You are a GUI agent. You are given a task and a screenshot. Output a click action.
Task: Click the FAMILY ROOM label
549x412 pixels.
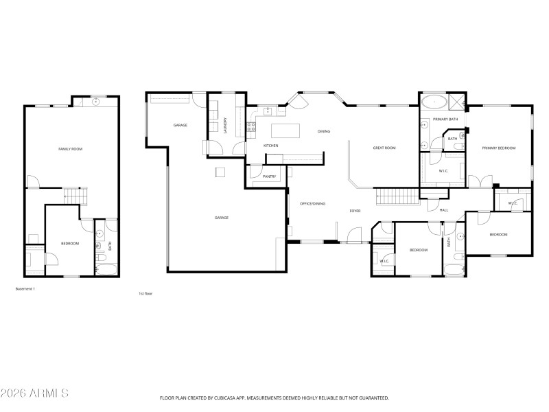[70, 148]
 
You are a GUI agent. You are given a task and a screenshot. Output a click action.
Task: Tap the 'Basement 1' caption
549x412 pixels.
[25, 289]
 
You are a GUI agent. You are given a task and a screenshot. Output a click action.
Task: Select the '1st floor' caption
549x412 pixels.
[145, 293]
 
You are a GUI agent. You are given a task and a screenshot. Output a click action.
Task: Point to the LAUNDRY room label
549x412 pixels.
[225, 126]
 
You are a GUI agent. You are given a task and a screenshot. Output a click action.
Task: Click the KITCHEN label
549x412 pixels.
[271, 146]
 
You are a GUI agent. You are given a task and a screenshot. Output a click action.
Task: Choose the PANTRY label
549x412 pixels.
[269, 176]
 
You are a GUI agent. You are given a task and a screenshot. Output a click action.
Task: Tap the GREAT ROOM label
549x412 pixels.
[384, 148]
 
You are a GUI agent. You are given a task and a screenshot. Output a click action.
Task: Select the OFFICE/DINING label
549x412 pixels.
[312, 203]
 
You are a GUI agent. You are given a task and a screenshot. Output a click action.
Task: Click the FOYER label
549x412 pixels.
[355, 211]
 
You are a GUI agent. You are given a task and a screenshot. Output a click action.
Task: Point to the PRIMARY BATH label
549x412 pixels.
[445, 119]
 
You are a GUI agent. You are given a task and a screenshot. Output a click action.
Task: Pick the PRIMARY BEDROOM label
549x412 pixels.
[498, 148]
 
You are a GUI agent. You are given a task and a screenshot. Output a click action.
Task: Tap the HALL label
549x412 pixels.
[443, 210]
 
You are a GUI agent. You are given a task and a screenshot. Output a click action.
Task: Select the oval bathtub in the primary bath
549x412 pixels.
[433, 103]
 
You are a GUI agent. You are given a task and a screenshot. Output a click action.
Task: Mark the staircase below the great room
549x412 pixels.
[398, 196]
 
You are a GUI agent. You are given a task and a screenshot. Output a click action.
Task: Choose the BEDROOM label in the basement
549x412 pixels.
[70, 244]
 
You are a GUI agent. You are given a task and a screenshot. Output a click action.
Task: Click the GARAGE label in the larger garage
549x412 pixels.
[221, 218]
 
